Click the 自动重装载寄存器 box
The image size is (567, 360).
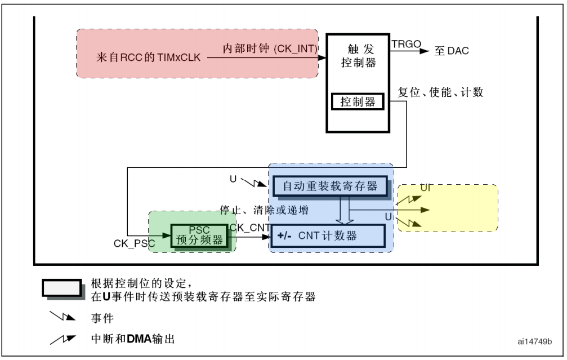[330, 185]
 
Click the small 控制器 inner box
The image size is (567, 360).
[358, 101]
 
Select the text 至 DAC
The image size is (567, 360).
[451, 52]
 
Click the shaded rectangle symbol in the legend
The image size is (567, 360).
[61, 288]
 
